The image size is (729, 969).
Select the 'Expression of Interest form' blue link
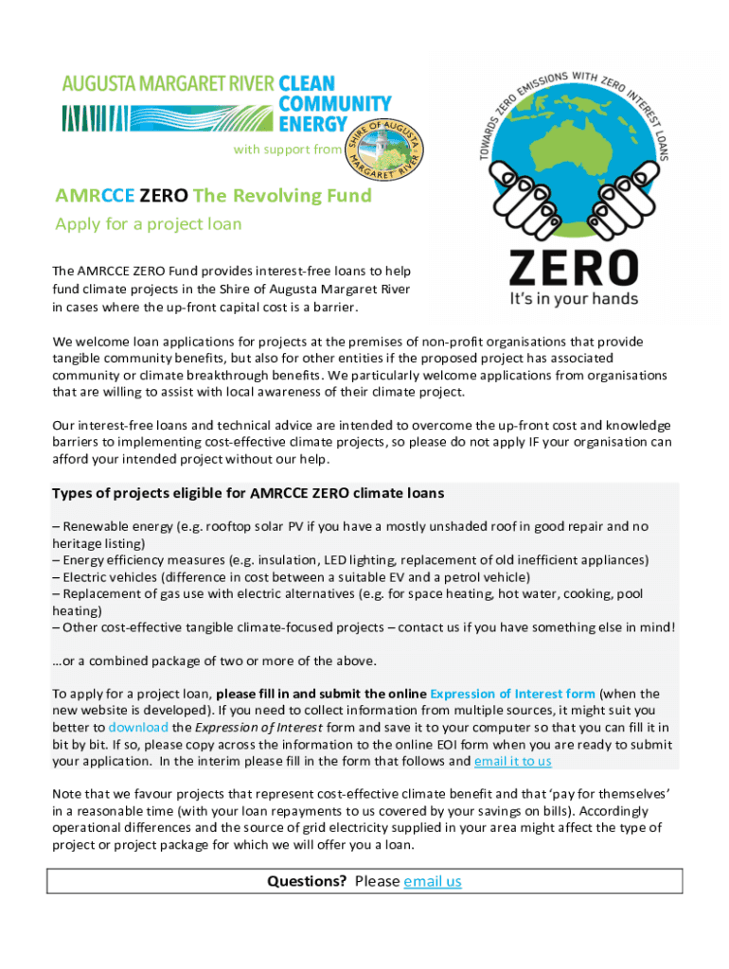(513, 694)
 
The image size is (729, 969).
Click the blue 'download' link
(138, 727)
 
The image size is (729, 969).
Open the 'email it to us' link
(512, 761)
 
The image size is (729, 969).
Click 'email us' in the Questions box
(432, 881)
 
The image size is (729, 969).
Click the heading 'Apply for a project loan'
(149, 224)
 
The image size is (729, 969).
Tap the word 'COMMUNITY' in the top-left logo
(334, 103)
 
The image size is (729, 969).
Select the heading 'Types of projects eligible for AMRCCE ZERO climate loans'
(248, 493)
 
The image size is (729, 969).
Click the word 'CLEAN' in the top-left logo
(308, 84)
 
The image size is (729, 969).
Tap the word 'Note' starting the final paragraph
(68, 794)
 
